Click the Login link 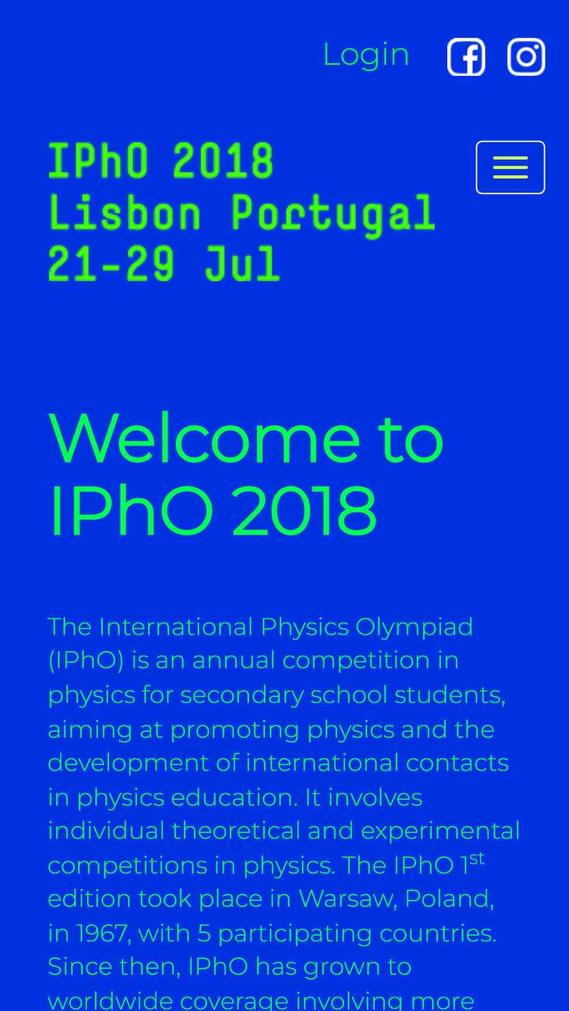click(x=366, y=56)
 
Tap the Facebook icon click(x=466, y=57)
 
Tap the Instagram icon click(x=526, y=57)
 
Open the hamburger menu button click(x=510, y=167)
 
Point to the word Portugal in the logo click(x=333, y=215)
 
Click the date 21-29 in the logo click(x=111, y=263)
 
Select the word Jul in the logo click(x=242, y=263)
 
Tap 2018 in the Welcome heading click(x=304, y=510)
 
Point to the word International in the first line click(x=176, y=627)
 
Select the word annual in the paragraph click(x=234, y=661)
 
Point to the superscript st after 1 click(x=477, y=858)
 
